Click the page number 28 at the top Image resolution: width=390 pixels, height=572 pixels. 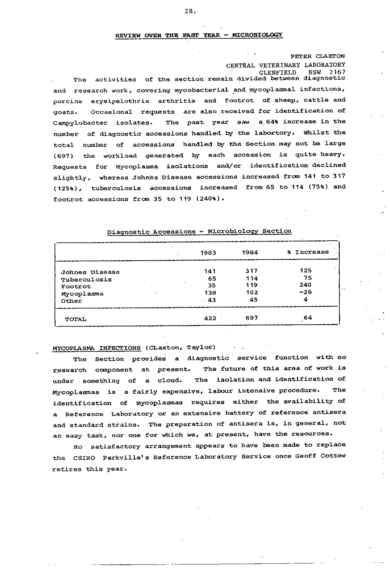coord(190,12)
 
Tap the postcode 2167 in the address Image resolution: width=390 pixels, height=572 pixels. coord(337,72)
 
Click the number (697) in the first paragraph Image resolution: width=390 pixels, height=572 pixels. coord(64,156)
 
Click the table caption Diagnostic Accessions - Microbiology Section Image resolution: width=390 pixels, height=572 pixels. coord(199,232)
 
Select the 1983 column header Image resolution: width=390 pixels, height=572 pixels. coord(208,252)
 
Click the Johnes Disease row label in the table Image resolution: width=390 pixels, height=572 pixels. coord(90,272)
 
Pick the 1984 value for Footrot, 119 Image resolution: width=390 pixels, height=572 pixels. coord(251,286)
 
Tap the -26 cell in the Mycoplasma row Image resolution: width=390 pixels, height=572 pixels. coord(305,293)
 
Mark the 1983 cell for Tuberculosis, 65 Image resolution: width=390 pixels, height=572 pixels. coord(212,279)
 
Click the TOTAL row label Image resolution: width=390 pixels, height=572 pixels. coord(75,319)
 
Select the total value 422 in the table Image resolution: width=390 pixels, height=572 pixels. coord(210,318)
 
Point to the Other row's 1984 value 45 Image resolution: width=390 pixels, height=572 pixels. coord(253,300)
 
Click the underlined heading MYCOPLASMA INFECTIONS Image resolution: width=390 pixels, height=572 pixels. coord(97,348)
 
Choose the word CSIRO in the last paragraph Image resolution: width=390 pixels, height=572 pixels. coord(81,458)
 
